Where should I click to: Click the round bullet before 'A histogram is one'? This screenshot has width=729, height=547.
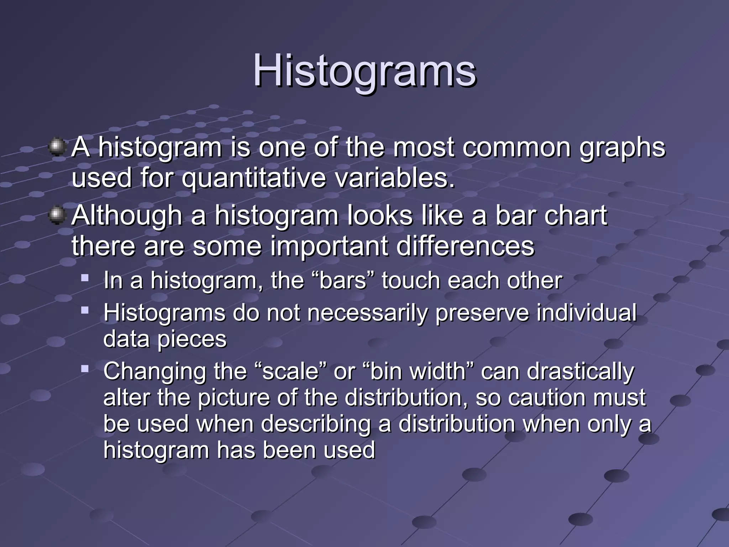[x=56, y=147]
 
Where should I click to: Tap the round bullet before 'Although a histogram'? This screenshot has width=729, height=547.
[x=56, y=215]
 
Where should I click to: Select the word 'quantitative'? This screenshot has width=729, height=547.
[x=253, y=178]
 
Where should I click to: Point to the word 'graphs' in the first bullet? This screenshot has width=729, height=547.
[x=622, y=148]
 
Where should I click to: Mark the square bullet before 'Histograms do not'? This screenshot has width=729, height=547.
[x=85, y=310]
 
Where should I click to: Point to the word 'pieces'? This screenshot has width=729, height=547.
[x=192, y=340]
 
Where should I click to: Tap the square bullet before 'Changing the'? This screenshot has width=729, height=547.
[x=85, y=369]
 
